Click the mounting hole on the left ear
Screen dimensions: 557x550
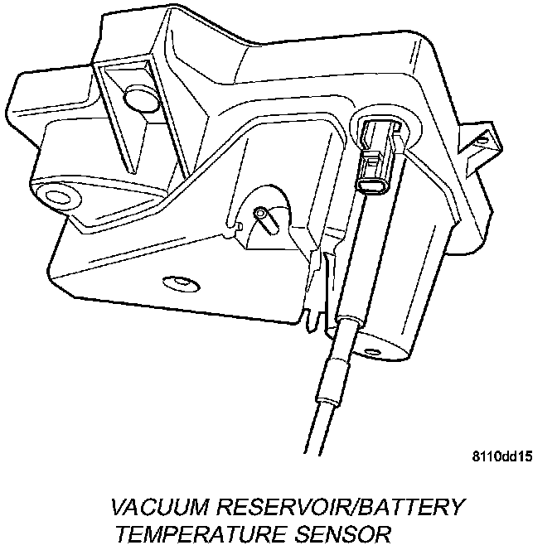pos(57,197)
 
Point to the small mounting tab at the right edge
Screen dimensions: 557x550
pos(481,142)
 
